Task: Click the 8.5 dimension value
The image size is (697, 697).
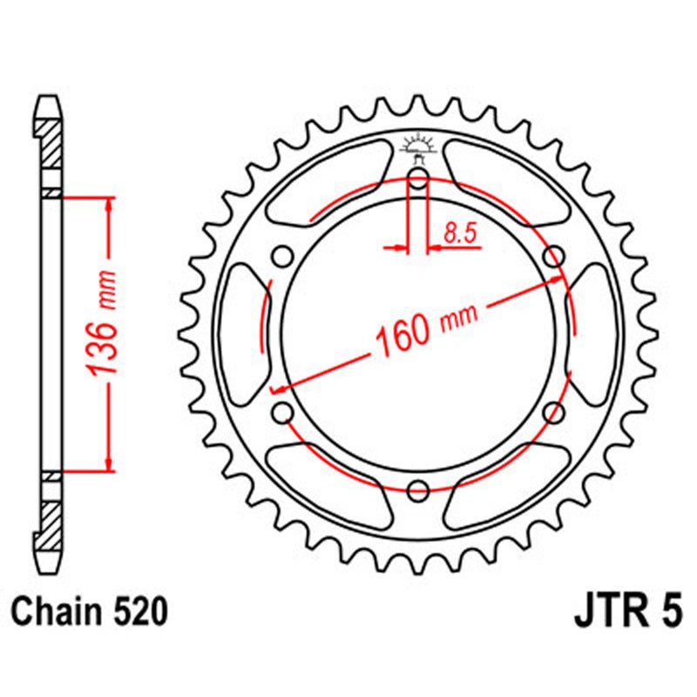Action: [x=459, y=233]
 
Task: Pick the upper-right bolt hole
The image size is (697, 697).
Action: [x=553, y=256]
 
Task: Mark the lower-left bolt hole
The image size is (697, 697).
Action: [x=281, y=411]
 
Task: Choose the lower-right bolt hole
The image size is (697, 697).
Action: [x=553, y=411]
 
